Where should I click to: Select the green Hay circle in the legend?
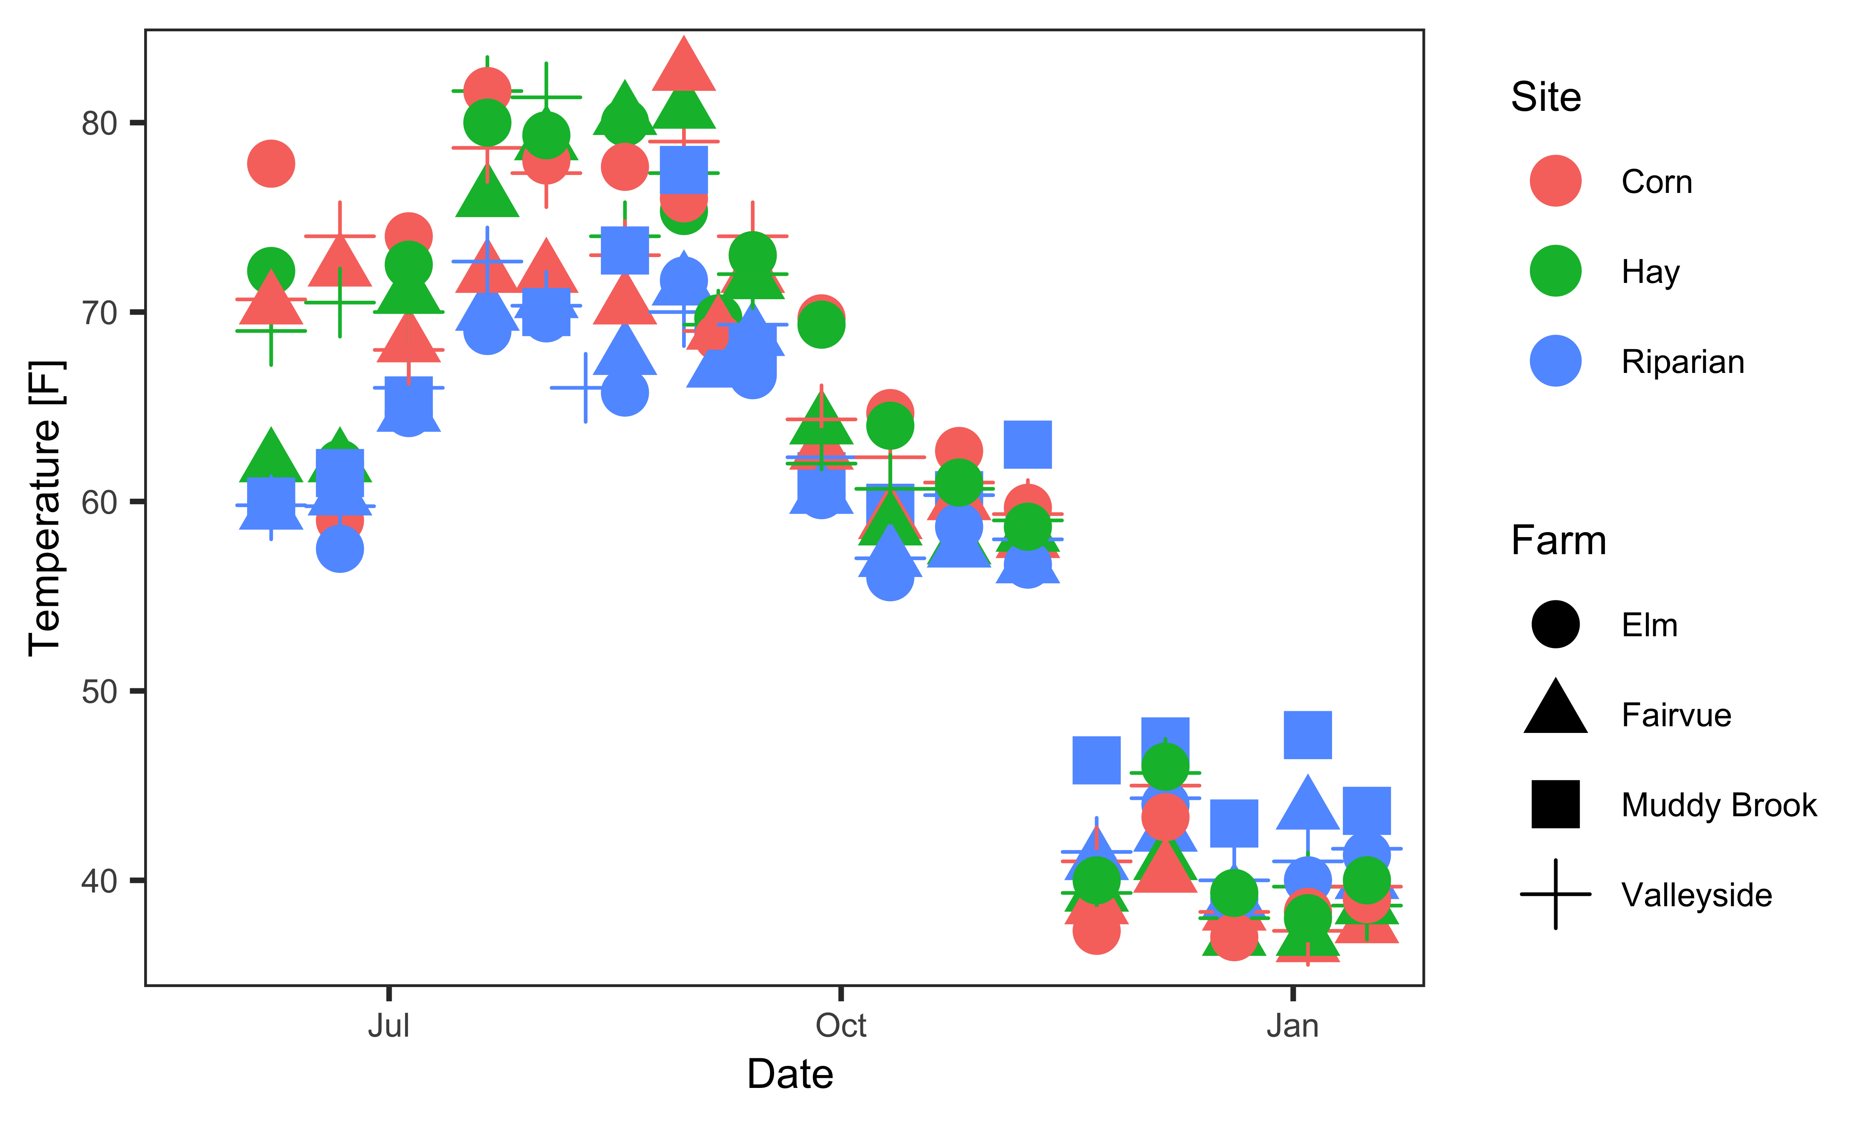coord(1555,271)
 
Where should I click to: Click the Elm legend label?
coord(1649,625)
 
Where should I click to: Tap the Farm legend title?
coord(1558,540)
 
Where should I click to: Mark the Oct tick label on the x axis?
coord(840,1026)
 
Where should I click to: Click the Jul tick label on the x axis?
coord(389,1026)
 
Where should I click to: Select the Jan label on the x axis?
coord(1292,1026)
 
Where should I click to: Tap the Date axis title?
coord(790,1074)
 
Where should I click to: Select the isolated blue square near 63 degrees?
coord(1027,444)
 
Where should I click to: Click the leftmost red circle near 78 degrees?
coord(270,163)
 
